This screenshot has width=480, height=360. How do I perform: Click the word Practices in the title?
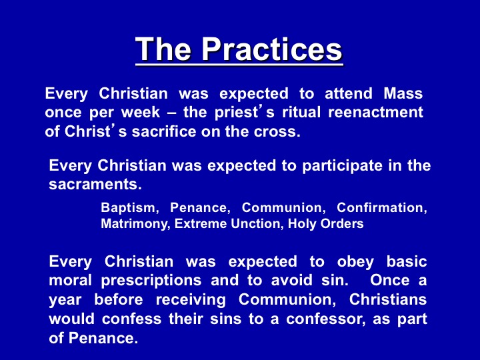[272, 49]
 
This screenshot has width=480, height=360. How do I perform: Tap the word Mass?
[403, 93]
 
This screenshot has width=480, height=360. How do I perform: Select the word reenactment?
[375, 113]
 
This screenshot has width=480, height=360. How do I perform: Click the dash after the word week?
[172, 113]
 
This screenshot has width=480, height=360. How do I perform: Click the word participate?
[342, 166]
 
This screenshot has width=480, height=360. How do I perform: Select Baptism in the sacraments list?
[128, 208]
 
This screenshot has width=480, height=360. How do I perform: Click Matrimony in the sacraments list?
[134, 224]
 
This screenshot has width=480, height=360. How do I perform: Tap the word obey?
[355, 263]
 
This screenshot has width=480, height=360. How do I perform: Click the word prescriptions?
[151, 281]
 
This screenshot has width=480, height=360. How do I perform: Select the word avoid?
[291, 281]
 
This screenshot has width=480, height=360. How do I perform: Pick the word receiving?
[191, 300]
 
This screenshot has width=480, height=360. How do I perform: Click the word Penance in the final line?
[101, 338]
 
